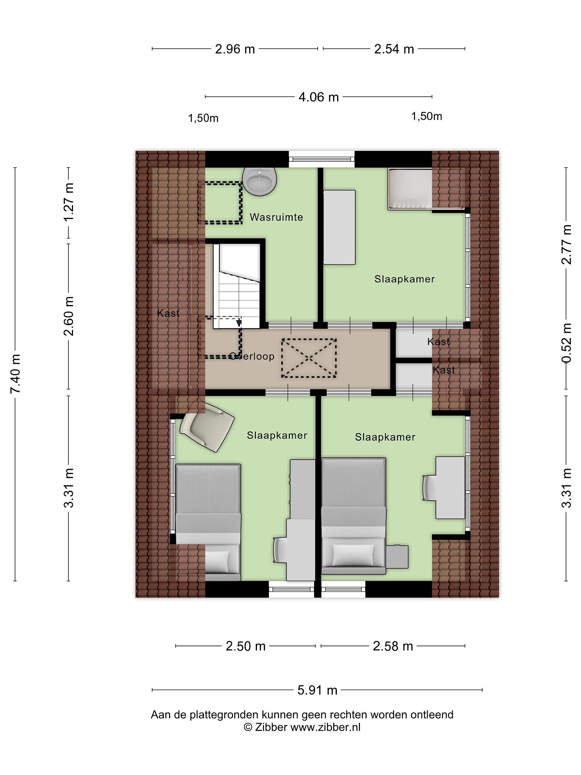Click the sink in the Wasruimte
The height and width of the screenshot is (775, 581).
point(260,181)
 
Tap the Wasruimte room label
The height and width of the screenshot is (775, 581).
point(276,217)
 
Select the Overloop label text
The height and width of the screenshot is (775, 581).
point(251,356)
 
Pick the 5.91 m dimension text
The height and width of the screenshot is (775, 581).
point(317,690)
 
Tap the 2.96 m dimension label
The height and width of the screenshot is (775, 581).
point(235,49)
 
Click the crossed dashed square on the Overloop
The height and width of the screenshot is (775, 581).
point(309,358)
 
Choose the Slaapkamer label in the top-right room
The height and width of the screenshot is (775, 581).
point(405,279)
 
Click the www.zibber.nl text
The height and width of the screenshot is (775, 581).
point(325,727)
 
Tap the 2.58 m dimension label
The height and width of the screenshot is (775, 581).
point(393,646)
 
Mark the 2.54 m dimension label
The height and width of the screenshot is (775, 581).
point(394,49)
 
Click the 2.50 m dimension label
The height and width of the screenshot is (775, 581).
point(246,646)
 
